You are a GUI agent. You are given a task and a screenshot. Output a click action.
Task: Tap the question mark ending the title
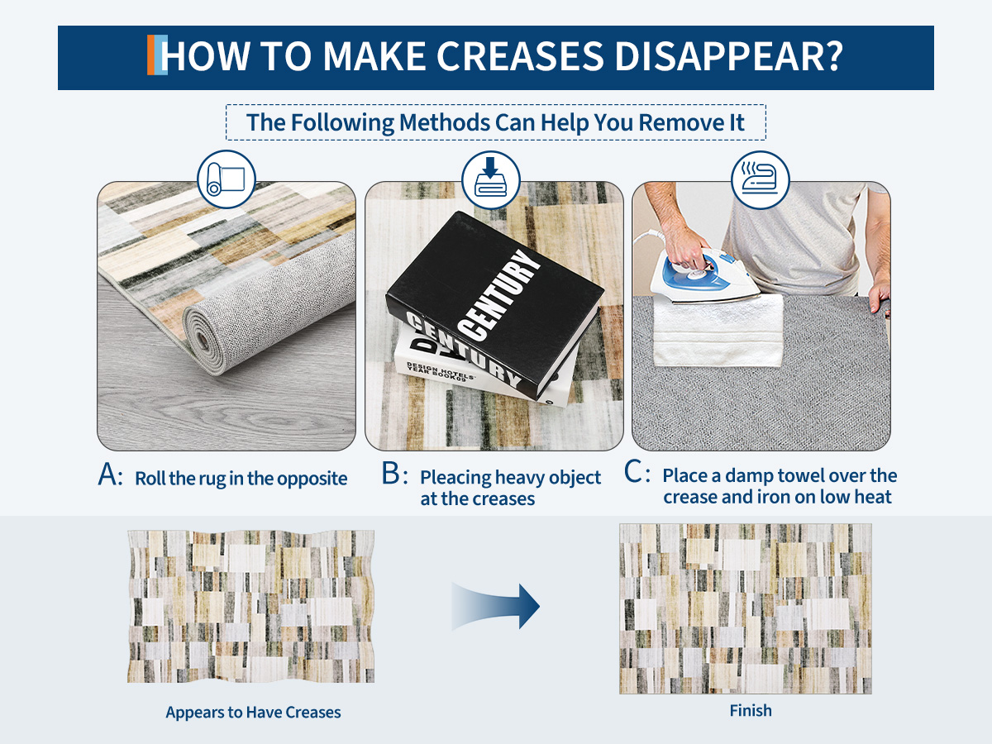[x=830, y=56]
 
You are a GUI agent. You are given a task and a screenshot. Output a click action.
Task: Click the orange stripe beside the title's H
[x=151, y=55]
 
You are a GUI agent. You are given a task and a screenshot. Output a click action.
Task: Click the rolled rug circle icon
[x=226, y=179]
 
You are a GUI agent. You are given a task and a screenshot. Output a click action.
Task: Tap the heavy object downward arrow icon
[x=491, y=179]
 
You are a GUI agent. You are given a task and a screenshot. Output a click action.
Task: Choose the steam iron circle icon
[x=761, y=179]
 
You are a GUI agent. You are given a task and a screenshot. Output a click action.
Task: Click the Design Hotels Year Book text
[x=440, y=371]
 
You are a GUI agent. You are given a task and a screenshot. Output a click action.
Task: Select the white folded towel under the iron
[x=718, y=330]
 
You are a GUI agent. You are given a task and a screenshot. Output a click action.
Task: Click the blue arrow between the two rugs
[x=496, y=606]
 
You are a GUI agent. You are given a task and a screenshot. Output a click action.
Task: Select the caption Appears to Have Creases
[x=253, y=713]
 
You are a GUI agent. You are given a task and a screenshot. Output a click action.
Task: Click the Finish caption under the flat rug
[x=751, y=711]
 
